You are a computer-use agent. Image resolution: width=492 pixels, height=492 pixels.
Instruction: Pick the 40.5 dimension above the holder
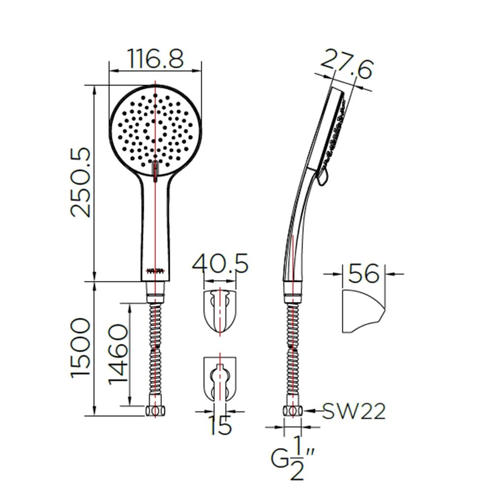tap(220, 264)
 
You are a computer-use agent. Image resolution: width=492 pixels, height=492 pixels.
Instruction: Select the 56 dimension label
tap(364, 273)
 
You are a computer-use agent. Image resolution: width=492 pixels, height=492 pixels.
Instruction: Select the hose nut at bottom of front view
tap(155, 411)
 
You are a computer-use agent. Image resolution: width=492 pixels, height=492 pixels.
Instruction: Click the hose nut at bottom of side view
tap(292, 411)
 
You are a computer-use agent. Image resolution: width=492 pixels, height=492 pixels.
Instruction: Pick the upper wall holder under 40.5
tap(220, 312)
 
